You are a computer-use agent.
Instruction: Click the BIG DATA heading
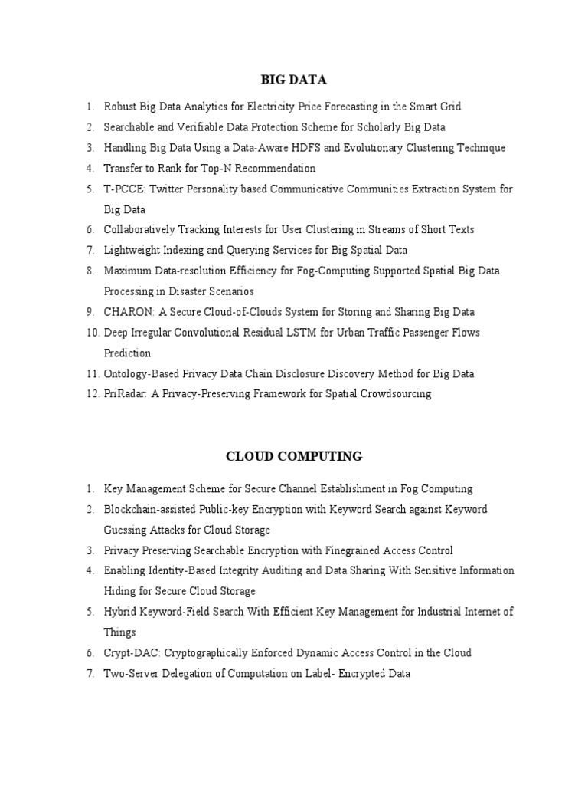294,79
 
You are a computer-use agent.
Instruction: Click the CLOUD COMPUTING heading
294,456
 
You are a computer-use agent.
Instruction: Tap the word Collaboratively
139,230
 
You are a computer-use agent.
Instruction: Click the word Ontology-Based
141,374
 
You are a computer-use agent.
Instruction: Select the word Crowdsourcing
394,394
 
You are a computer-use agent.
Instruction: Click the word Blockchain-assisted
150,510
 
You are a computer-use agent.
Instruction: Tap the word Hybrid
119,612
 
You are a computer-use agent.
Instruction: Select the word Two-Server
129,674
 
